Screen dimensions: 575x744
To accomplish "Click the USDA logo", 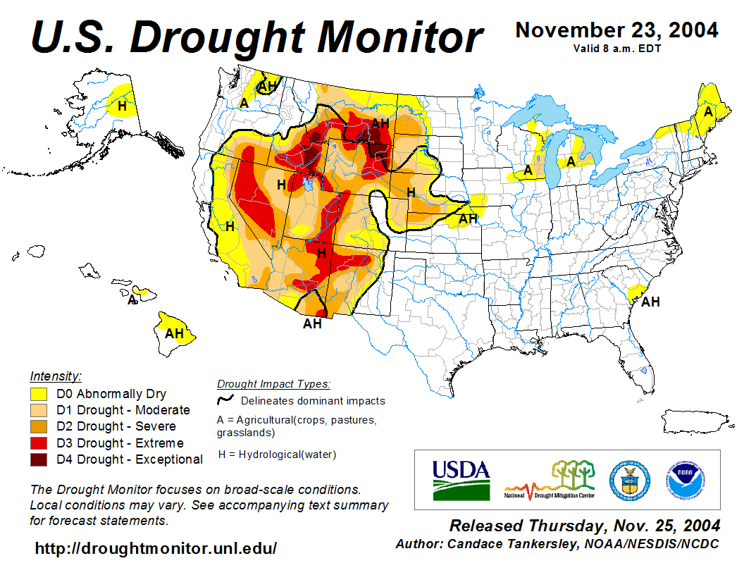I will click(x=461, y=480).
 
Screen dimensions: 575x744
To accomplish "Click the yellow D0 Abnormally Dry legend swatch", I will click(x=38, y=394).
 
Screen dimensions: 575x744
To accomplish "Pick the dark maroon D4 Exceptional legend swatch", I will click(x=38, y=459).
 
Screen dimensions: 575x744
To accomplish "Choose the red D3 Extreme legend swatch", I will click(x=38, y=443).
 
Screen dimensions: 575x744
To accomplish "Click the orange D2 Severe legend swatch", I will click(x=38, y=426).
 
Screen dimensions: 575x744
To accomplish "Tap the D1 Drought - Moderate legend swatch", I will click(x=38, y=410).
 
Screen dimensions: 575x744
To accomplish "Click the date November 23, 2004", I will click(x=617, y=30).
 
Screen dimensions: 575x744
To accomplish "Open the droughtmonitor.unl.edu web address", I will click(x=156, y=548).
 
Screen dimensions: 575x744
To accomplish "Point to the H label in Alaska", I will click(x=123, y=106).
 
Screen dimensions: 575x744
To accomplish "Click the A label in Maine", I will click(x=708, y=111).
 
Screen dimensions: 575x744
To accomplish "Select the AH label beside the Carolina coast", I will click(x=650, y=302).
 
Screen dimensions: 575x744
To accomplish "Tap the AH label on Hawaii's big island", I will click(x=174, y=333).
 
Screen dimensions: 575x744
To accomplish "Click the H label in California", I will click(x=230, y=226).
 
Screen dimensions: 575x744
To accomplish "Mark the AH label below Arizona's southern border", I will click(x=312, y=323).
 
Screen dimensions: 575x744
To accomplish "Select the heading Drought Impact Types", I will click(x=273, y=384).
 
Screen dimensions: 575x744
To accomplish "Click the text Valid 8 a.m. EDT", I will click(x=617, y=49).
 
